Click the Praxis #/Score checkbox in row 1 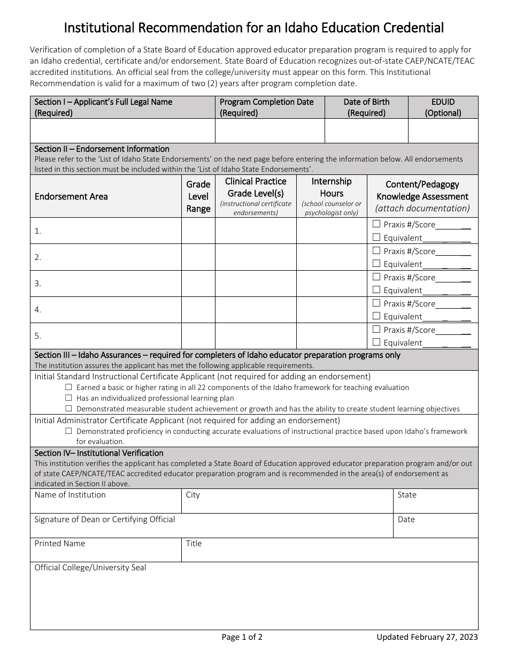376,224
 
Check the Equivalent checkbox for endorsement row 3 376,290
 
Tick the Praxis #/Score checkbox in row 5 376,330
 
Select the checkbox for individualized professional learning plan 68,398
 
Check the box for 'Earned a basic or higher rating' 68,387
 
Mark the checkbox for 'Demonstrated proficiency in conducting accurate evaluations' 68,431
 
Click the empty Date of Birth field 366,131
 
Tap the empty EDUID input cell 443,131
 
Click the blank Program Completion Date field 270,131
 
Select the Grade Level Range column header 198,196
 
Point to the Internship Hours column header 332,187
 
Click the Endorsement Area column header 71,196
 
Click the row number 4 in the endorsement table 38,310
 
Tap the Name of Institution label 70,495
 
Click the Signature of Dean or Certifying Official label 105,519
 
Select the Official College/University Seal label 90,568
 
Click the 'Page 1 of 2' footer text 242,637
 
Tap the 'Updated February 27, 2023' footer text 427,637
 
